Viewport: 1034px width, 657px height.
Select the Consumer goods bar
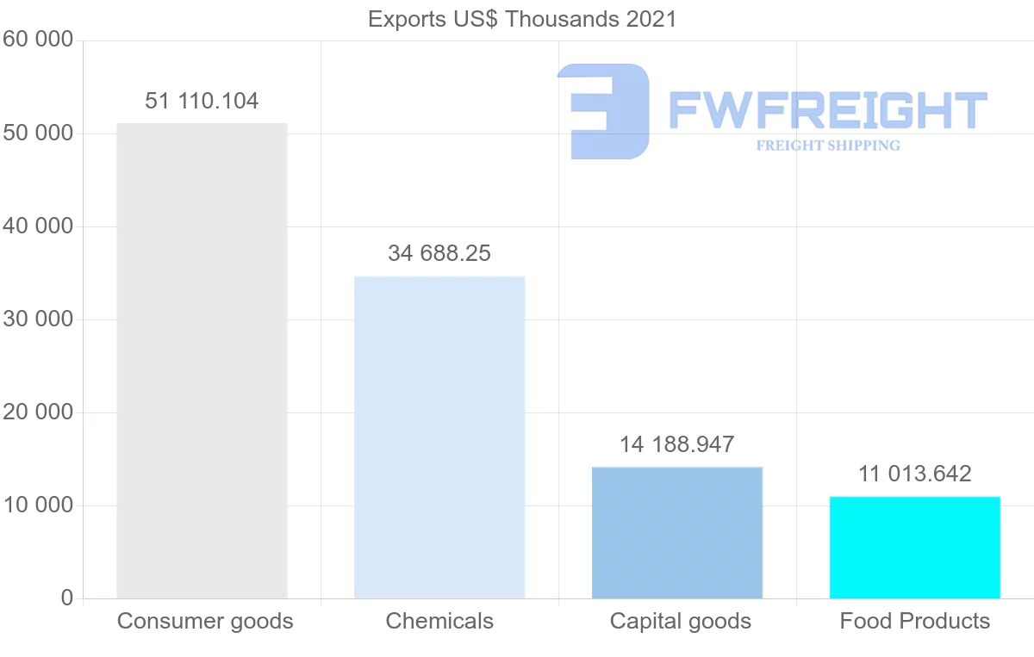pos(202,361)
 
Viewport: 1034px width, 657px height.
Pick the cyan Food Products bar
pos(915,548)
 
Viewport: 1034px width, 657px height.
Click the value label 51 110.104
pos(202,102)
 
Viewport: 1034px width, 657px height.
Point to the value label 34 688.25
pos(439,254)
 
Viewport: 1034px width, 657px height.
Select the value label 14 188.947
pos(677,445)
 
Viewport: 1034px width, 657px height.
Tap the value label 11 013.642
pos(915,474)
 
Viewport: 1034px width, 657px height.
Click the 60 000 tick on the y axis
pos(37,40)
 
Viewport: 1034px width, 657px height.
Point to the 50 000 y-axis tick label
pos(37,133)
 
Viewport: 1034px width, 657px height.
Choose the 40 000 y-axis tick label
pos(37,226)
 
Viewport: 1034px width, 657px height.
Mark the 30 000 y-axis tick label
pos(37,319)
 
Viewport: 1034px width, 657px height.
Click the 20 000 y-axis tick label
pos(37,412)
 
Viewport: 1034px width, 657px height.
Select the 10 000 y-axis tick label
pos(37,505)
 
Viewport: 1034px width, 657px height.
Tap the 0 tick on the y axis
pos(67,598)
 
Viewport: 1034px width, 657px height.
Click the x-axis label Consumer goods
pos(205,621)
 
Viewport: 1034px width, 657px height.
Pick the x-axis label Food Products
pos(915,621)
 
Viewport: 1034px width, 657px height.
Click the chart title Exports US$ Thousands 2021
pos(522,19)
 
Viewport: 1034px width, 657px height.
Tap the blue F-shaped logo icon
pos(603,111)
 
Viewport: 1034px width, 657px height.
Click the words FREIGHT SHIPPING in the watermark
pos(828,146)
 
